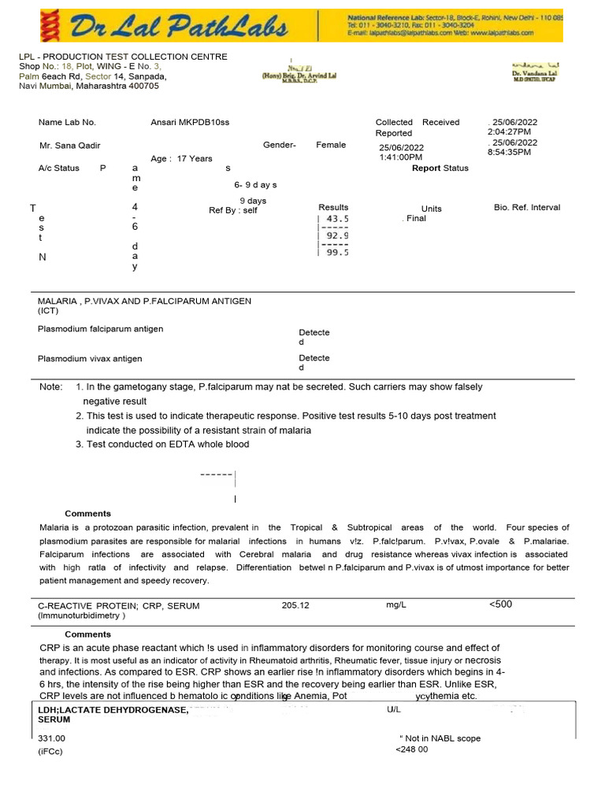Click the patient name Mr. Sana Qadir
(x=69, y=146)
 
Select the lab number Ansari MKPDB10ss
(x=190, y=123)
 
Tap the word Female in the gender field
(x=331, y=146)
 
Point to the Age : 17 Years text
(x=181, y=159)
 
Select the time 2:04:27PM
(x=510, y=132)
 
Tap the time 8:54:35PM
(x=510, y=152)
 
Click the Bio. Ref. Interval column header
(x=527, y=208)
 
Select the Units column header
(x=432, y=209)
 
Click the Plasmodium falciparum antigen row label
(x=101, y=329)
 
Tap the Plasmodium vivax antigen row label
(x=90, y=359)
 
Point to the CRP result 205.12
(x=295, y=605)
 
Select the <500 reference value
(x=500, y=604)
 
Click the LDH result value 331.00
(x=52, y=739)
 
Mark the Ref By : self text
(x=233, y=211)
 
